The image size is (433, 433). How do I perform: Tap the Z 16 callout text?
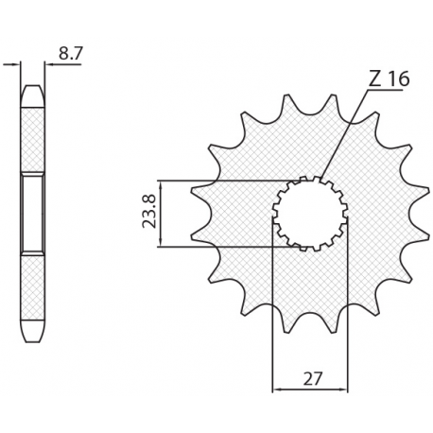click(x=389, y=79)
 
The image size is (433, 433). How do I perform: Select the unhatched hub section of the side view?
click(x=32, y=214)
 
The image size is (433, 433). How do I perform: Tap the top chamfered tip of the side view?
click(x=32, y=93)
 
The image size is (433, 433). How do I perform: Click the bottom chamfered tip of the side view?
click(x=32, y=335)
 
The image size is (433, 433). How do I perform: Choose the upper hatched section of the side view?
click(x=32, y=137)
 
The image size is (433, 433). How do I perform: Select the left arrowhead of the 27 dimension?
click(x=277, y=389)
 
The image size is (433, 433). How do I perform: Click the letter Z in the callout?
click(x=374, y=79)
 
